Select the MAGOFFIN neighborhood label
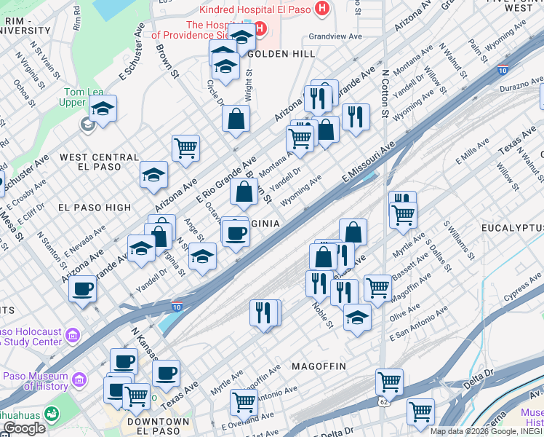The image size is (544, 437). click(x=319, y=365)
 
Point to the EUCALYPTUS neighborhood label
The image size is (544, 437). click(x=512, y=229)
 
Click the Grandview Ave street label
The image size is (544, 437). click(x=335, y=36)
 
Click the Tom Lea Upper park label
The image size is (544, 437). click(x=76, y=97)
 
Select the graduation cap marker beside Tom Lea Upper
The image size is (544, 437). click(x=103, y=109)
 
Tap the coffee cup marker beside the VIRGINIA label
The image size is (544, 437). click(x=235, y=233)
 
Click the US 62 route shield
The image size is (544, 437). click(x=383, y=401)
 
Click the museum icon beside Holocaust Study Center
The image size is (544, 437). click(x=73, y=335)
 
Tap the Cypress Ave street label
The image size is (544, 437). click(x=524, y=287)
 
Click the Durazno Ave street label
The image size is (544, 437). click(x=521, y=86)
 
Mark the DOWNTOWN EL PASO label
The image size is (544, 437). click(x=158, y=427)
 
